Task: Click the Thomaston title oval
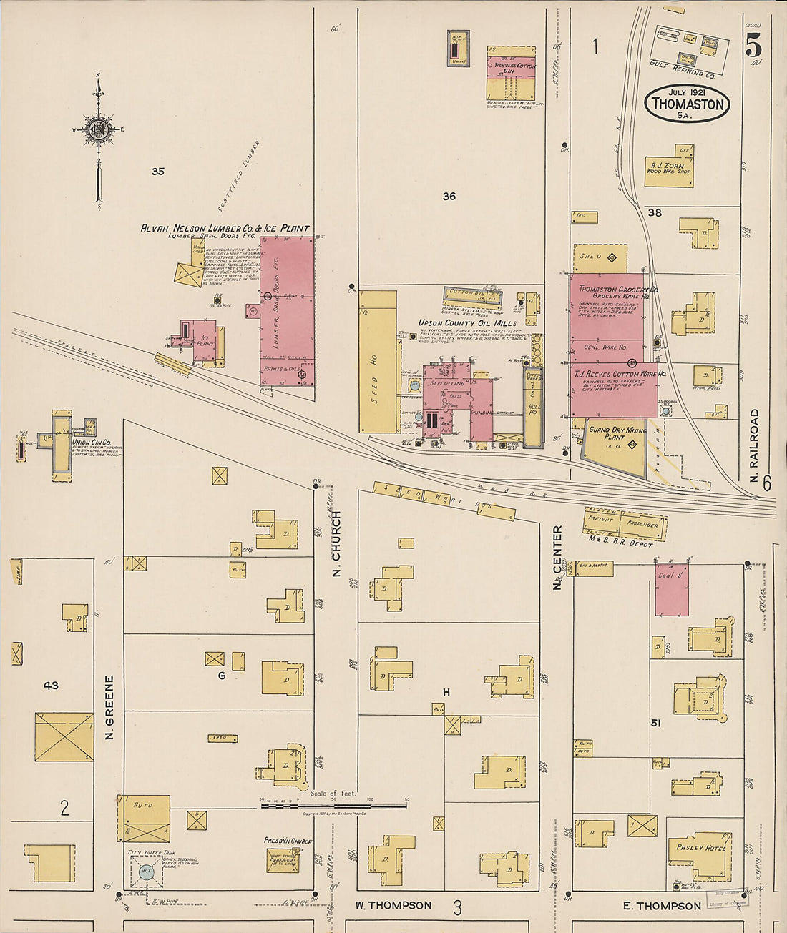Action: (687, 104)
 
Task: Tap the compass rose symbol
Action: (98, 129)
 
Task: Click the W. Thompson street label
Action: (393, 905)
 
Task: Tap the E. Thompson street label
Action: (662, 906)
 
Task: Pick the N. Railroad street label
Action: (754, 444)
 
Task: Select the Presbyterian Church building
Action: (283, 858)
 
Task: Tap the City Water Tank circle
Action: (146, 871)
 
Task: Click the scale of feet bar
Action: (333, 805)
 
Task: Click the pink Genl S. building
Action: (672, 590)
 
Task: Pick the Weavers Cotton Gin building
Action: (511, 73)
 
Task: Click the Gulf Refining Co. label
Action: (682, 74)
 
